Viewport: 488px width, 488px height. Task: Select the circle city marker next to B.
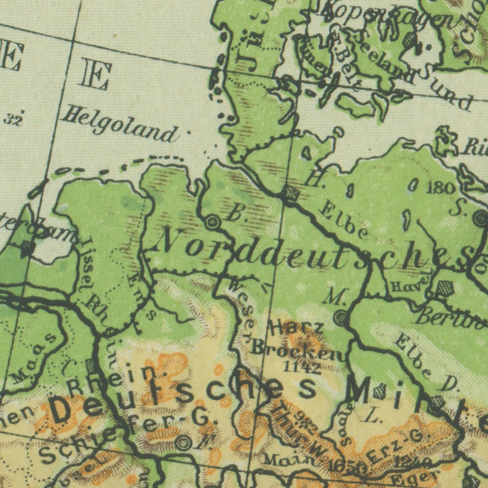coord(213,222)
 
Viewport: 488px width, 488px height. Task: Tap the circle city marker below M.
coord(340,317)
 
